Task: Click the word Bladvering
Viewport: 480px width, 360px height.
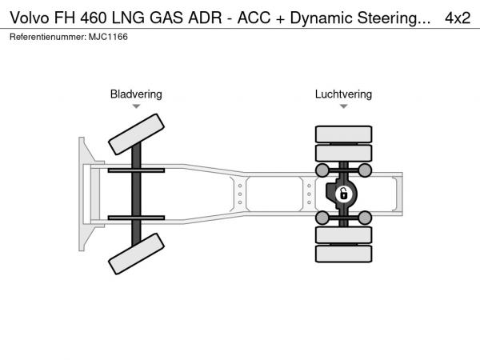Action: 136,94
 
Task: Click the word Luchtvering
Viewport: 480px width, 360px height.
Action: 343,94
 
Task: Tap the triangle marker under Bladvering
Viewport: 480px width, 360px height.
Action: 136,106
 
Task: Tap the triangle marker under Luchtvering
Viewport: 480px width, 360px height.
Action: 343,106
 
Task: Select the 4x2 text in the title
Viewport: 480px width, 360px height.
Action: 458,18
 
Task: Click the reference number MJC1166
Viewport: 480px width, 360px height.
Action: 108,37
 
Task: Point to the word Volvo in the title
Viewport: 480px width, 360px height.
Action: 30,18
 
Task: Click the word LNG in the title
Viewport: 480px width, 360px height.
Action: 128,18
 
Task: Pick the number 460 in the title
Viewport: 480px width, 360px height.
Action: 94,18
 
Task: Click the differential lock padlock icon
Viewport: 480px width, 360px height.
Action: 344,194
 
